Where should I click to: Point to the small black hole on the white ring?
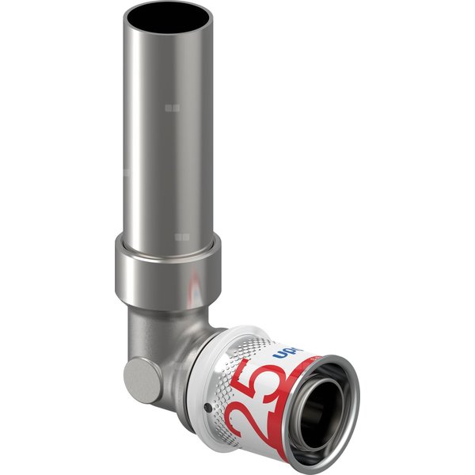(x=207, y=405)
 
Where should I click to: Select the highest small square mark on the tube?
(x=174, y=107)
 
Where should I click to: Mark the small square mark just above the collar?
(x=181, y=237)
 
